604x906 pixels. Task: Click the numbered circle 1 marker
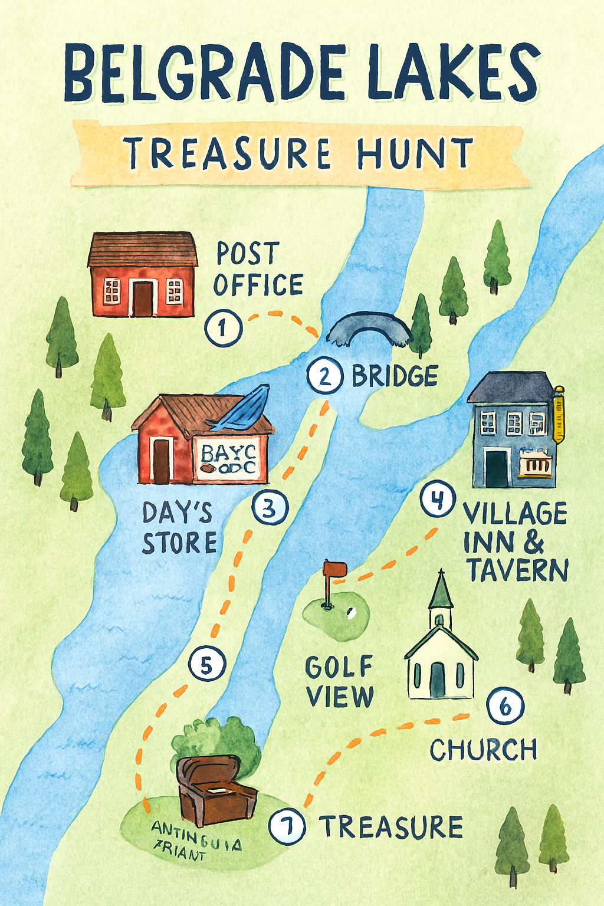[224, 327]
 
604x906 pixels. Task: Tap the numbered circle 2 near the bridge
[325, 376]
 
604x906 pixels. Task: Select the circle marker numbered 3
[270, 508]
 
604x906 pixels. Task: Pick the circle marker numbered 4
[437, 500]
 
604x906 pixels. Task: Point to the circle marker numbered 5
[206, 665]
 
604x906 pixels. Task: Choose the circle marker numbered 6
[505, 706]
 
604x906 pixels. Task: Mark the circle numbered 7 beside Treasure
[287, 826]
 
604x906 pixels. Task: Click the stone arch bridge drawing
[369, 330]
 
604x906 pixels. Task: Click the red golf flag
[335, 569]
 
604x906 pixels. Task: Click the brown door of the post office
[143, 298]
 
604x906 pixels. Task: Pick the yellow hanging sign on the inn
[558, 415]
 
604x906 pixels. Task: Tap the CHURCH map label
[483, 750]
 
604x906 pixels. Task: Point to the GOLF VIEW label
[339, 682]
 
